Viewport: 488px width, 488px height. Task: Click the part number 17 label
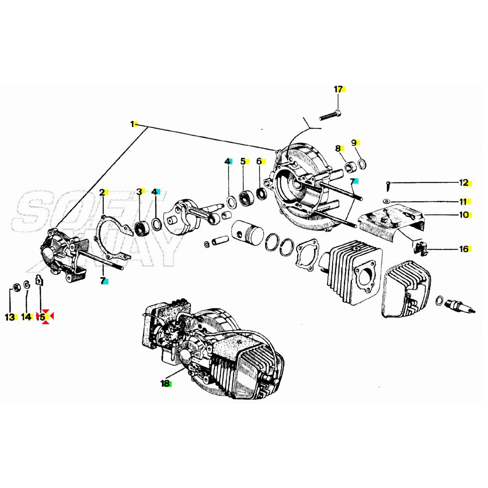[x=338, y=89]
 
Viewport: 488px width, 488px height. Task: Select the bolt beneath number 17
[x=330, y=116]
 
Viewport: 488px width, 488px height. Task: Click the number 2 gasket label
[x=102, y=192]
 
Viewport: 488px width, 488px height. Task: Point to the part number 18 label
[x=165, y=383]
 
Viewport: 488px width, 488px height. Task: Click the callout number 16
[x=464, y=249]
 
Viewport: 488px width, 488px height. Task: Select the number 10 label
[x=464, y=215]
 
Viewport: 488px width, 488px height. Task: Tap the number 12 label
[x=464, y=183]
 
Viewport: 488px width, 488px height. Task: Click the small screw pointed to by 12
[x=388, y=183]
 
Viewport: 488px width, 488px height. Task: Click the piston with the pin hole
[x=247, y=232]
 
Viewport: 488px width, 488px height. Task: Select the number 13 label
[x=10, y=317]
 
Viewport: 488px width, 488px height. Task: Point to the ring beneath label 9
[x=362, y=164]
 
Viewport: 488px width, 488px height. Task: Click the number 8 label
[x=338, y=148]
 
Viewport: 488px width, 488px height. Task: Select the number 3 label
[x=139, y=192]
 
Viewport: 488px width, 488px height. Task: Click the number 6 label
[x=259, y=161]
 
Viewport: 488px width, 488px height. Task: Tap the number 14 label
[x=26, y=317]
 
